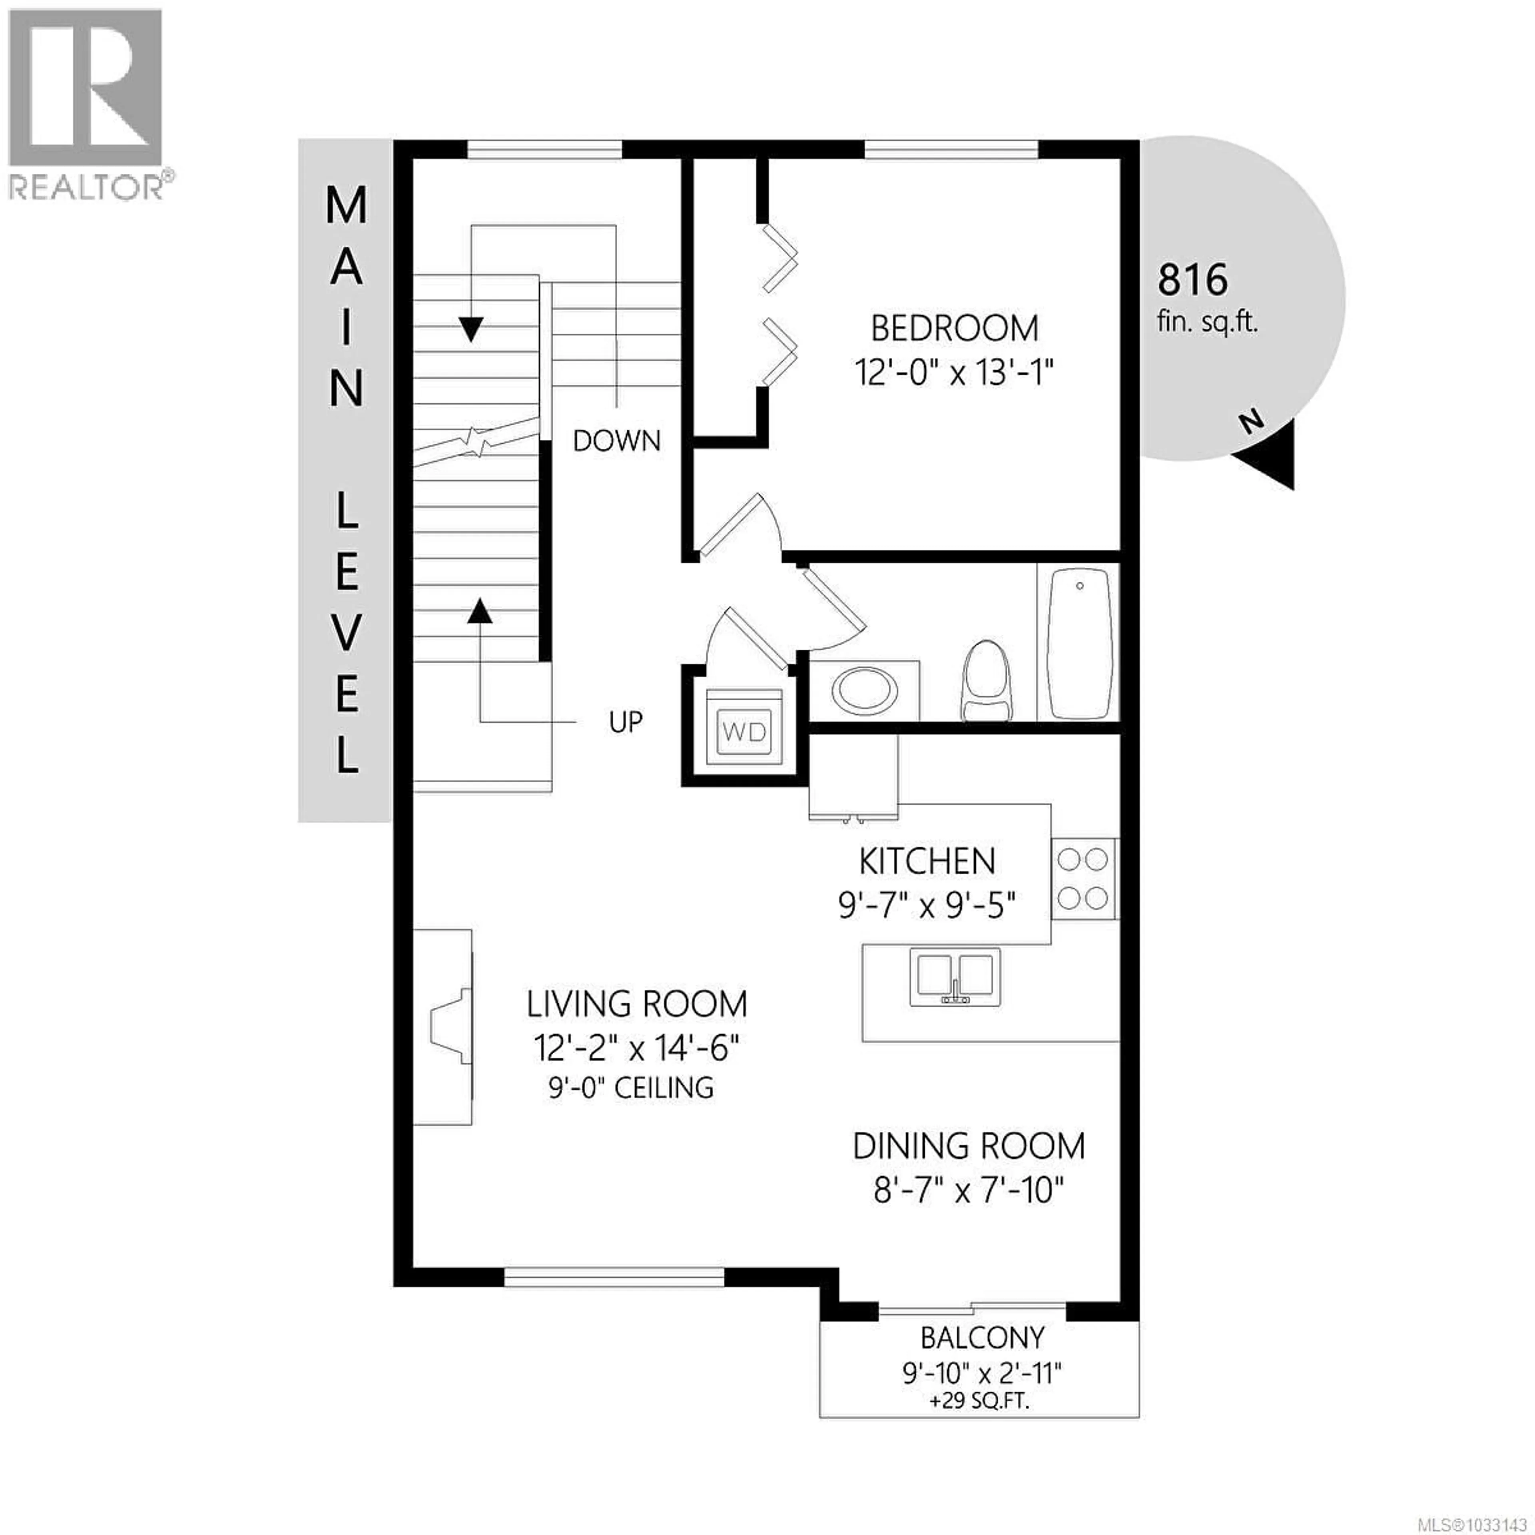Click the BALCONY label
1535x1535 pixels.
(982, 1338)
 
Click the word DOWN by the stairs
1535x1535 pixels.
(616, 441)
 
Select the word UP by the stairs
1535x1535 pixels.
(625, 722)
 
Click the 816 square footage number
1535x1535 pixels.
(1192, 280)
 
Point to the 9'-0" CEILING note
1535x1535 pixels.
(631, 1087)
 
